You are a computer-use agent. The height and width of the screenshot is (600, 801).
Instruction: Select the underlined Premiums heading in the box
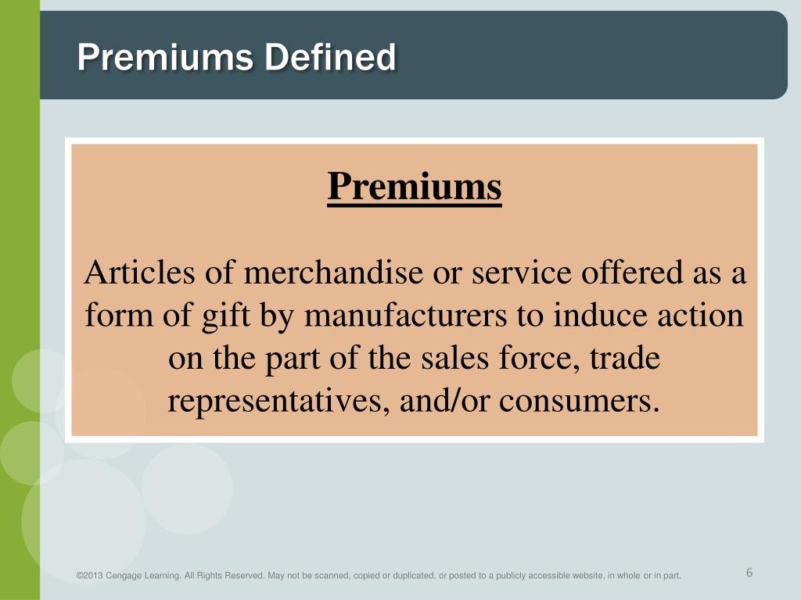(415, 187)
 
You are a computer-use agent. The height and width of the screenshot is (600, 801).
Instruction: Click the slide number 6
(749, 573)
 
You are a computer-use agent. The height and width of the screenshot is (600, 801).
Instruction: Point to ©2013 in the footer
(91, 577)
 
